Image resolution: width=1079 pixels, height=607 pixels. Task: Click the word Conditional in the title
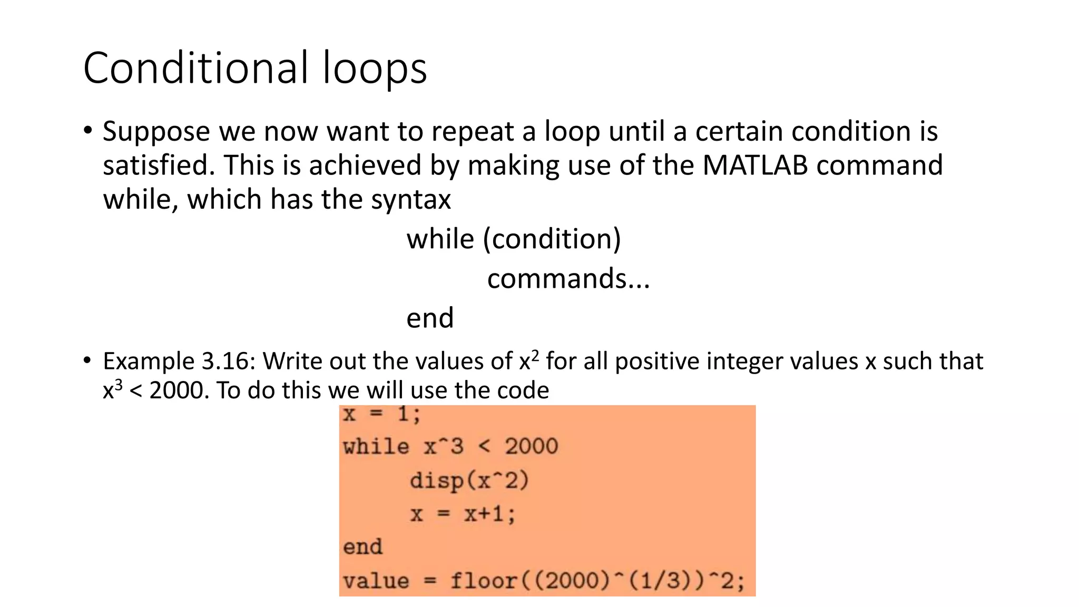tap(195, 68)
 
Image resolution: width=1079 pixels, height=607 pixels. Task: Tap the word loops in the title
tap(375, 68)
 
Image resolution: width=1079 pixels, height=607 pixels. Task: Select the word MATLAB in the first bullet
tap(754, 165)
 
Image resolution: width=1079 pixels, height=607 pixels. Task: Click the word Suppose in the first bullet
tap(156, 132)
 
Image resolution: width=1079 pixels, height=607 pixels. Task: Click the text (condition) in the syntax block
tap(552, 239)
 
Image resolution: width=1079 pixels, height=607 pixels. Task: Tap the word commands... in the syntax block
tap(568, 279)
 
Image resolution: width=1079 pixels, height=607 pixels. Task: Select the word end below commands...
tap(430, 318)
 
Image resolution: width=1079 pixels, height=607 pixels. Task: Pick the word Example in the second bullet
tap(149, 361)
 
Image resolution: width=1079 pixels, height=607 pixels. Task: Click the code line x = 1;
tap(381, 414)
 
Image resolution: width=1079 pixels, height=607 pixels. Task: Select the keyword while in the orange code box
tap(376, 447)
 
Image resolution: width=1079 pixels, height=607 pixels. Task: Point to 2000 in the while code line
tap(531, 447)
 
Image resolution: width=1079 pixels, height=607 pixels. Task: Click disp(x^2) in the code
tap(469, 481)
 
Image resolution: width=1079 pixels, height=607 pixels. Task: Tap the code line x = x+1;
tap(463, 514)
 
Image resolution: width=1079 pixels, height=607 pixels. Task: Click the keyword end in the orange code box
tap(362, 547)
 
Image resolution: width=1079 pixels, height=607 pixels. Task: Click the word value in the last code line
tap(376, 581)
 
